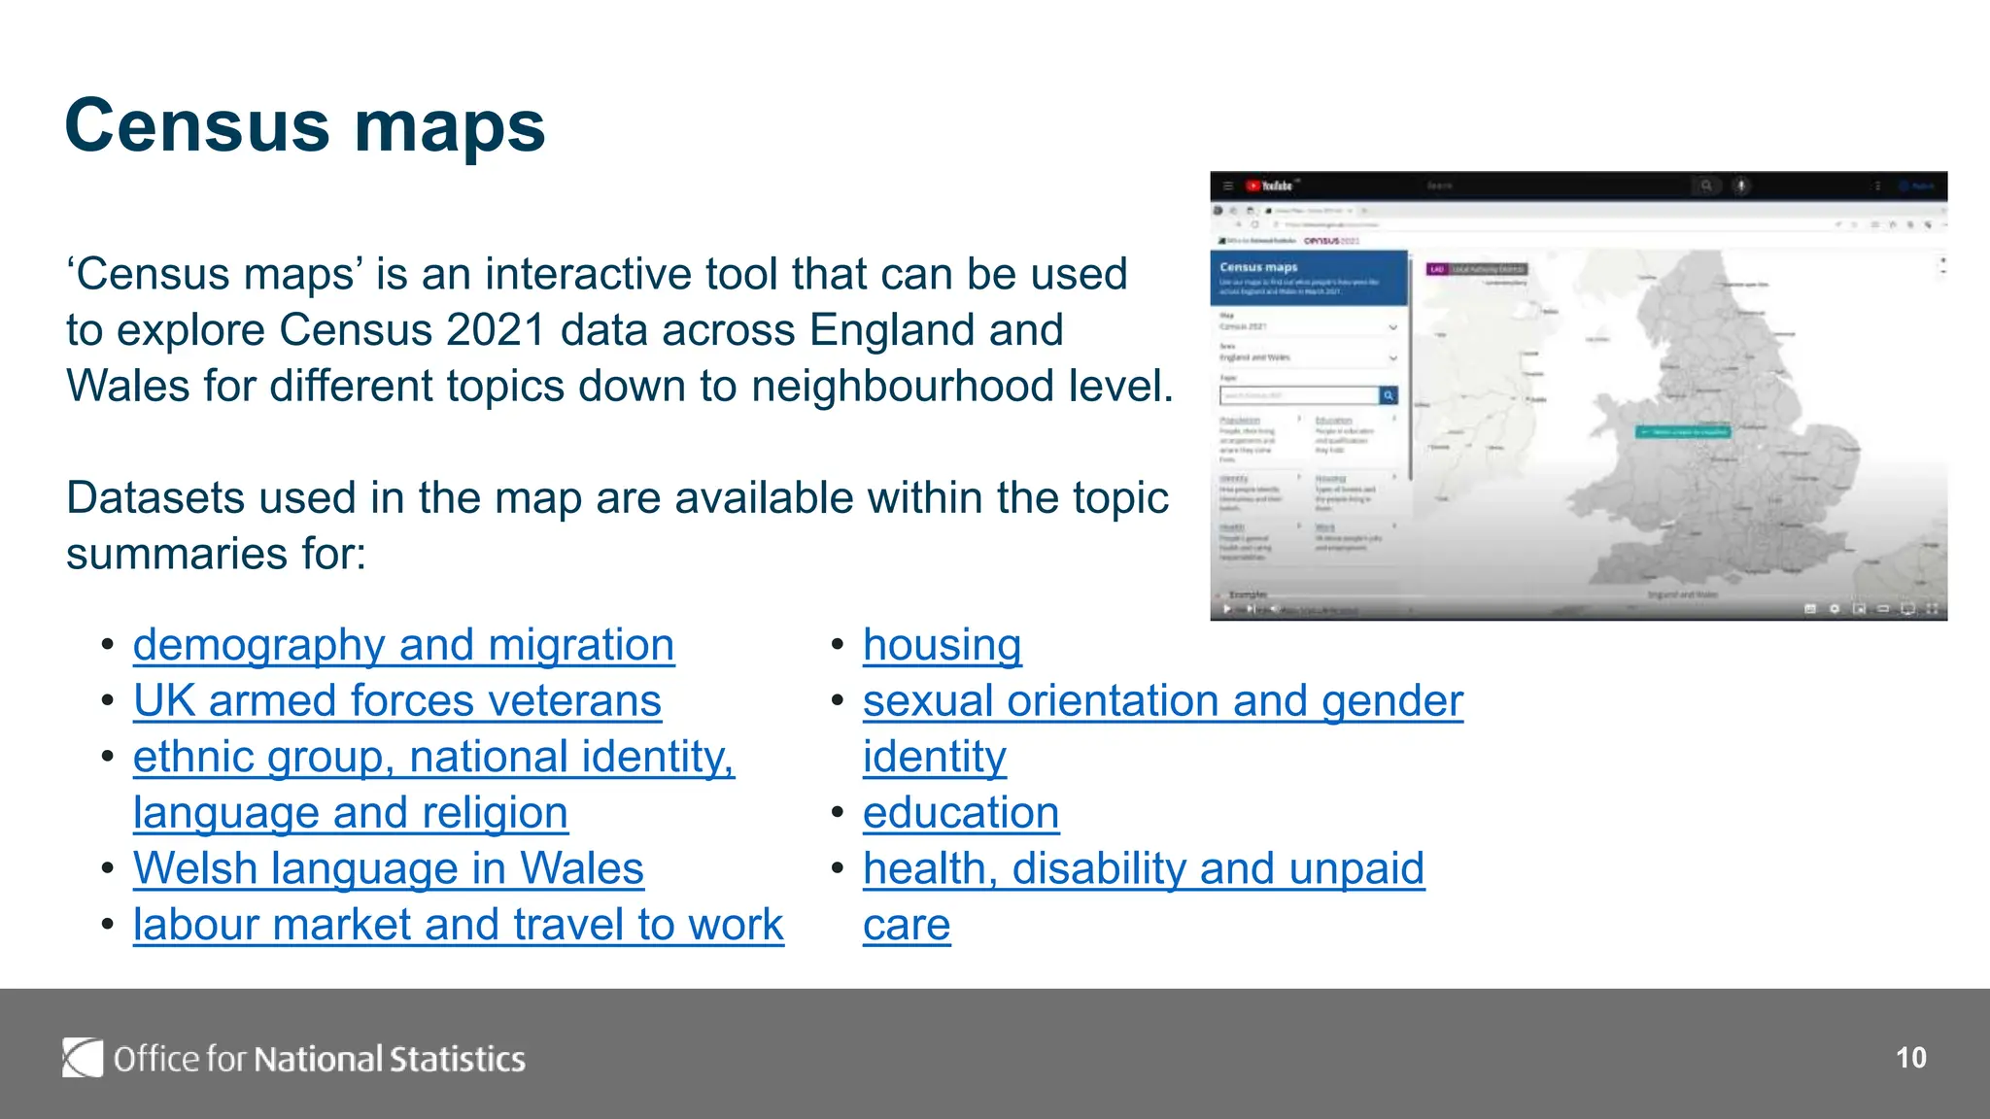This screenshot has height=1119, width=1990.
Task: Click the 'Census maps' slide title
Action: click(305, 126)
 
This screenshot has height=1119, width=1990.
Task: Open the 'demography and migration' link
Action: click(403, 646)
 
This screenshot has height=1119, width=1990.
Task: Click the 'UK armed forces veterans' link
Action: click(397, 701)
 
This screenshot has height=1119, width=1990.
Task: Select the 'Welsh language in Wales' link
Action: click(389, 868)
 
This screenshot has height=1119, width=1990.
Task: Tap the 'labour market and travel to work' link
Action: click(459, 925)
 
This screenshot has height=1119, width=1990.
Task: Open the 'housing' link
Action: click(942, 646)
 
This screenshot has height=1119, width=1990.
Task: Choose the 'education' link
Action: click(960, 813)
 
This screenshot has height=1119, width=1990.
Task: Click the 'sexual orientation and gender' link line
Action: click(1162, 701)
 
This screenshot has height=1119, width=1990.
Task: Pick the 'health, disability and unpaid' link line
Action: click(1144, 868)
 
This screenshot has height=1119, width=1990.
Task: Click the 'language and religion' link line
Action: click(351, 813)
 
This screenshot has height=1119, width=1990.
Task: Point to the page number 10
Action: click(1910, 1058)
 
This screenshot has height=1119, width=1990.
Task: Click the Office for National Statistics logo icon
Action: click(83, 1058)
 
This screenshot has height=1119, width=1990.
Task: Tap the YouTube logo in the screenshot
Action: click(1271, 186)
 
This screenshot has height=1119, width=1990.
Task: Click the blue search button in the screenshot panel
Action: click(1389, 395)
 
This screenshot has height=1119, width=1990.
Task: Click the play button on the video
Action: click(1227, 609)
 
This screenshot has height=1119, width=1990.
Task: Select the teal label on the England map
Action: click(1683, 431)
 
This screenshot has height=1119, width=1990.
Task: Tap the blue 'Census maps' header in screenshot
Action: click(1308, 277)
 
